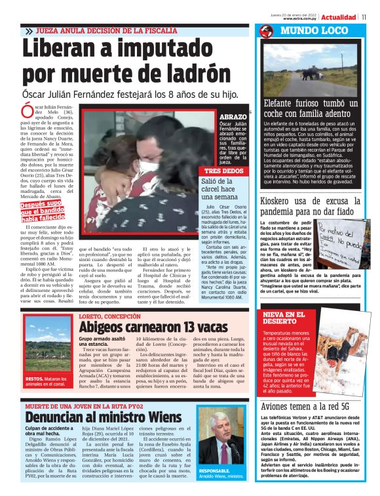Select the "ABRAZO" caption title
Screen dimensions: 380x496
point(233,116)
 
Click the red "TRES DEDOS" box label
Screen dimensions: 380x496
point(223,171)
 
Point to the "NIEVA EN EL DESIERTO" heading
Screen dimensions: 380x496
point(282,318)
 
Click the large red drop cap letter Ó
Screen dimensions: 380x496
point(28,112)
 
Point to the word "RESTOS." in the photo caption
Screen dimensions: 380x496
point(35,379)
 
